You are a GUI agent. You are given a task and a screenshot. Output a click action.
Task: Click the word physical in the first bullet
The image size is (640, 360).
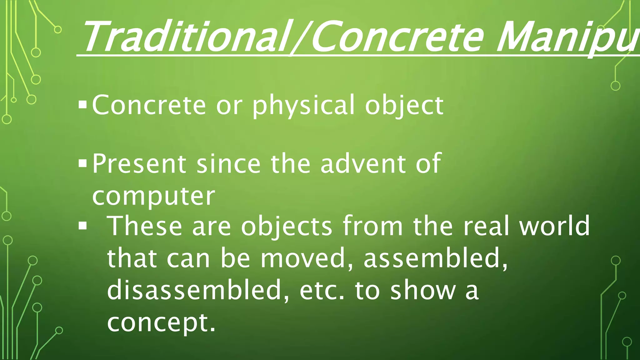tap(303, 105)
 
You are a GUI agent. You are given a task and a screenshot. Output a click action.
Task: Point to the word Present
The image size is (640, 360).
tap(139, 163)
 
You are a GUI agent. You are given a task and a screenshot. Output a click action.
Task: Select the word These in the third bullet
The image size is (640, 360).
tap(145, 226)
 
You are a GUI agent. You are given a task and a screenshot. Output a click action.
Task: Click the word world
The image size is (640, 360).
tap(554, 226)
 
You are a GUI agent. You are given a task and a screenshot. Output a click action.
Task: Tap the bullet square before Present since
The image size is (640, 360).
tap(83, 163)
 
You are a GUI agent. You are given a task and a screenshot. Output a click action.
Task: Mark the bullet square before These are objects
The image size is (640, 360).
tap(83, 226)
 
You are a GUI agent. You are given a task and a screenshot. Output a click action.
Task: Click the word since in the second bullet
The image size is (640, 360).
tap(228, 163)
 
